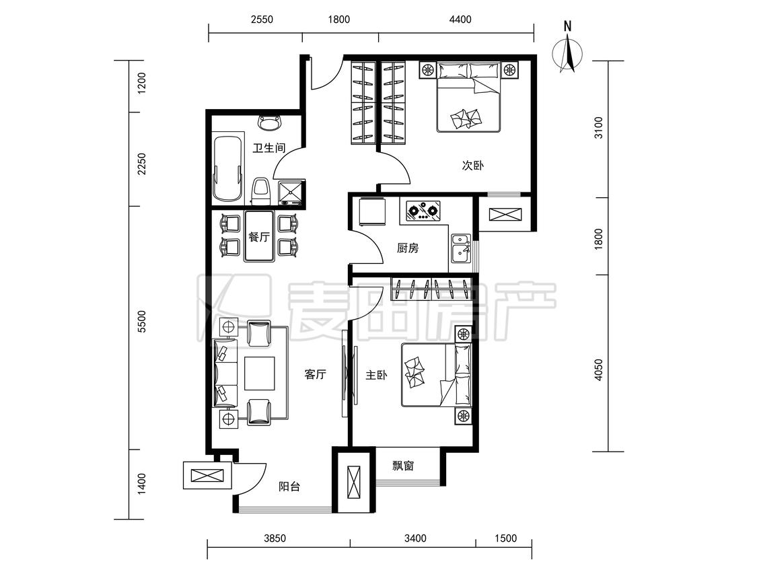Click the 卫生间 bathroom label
click(269, 148)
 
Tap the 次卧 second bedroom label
click(472, 166)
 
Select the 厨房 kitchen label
click(408, 248)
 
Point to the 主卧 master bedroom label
click(376, 375)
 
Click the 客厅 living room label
click(316, 374)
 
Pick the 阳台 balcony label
click(289, 487)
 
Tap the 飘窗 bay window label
click(402, 466)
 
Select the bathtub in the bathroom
click(227, 169)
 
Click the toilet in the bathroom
click(261, 191)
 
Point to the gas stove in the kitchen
click(423, 211)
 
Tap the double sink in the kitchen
click(461, 248)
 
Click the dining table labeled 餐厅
click(259, 236)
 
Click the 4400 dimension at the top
click(460, 20)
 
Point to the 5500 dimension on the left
click(141, 321)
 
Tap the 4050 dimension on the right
click(599, 370)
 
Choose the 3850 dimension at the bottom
click(275, 538)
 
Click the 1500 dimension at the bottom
click(505, 538)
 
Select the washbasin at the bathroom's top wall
click(269, 122)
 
